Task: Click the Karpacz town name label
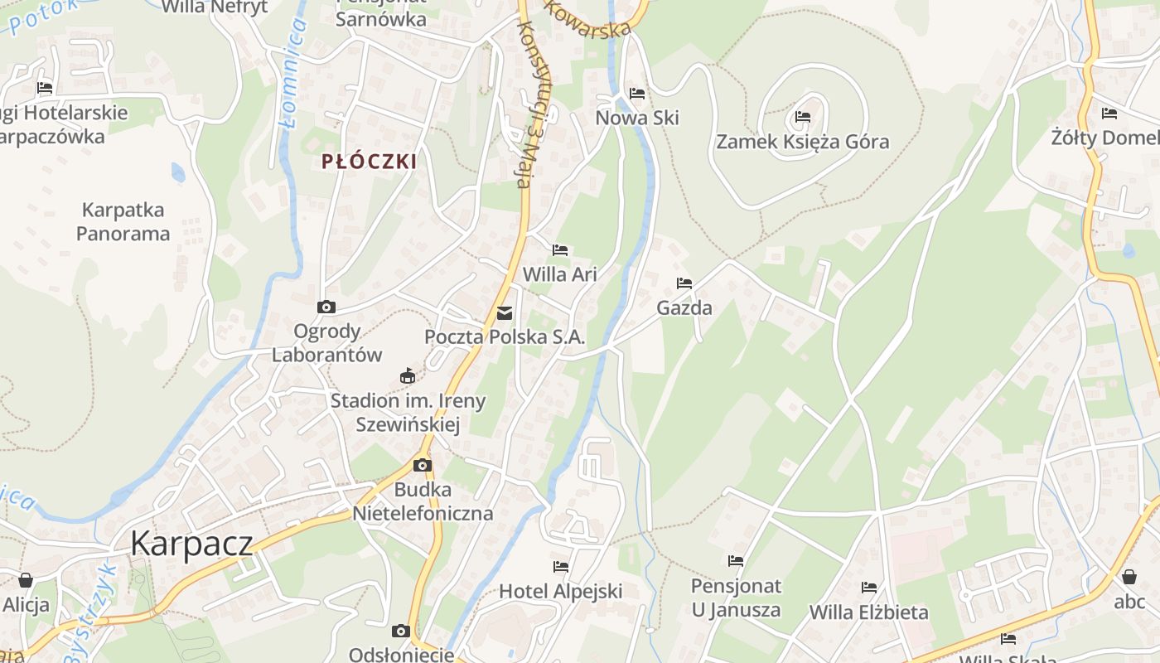point(191,543)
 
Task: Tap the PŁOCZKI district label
point(370,162)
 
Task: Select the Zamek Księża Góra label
point(802,142)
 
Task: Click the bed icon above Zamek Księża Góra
point(802,116)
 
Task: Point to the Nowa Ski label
point(637,118)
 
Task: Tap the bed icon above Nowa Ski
point(637,93)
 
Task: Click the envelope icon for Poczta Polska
point(504,313)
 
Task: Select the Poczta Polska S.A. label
point(505,337)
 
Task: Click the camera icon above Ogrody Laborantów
point(326,307)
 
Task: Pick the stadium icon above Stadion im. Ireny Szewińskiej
point(407,376)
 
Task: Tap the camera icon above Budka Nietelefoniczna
point(423,465)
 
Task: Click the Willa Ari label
point(560,274)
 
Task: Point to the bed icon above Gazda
point(684,283)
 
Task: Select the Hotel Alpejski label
point(560,592)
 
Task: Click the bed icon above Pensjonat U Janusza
point(736,561)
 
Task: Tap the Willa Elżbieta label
point(868,612)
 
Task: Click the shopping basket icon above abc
point(1129,577)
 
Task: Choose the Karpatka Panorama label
point(123,221)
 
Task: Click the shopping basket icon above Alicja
point(26,579)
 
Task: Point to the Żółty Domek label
point(1105,138)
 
